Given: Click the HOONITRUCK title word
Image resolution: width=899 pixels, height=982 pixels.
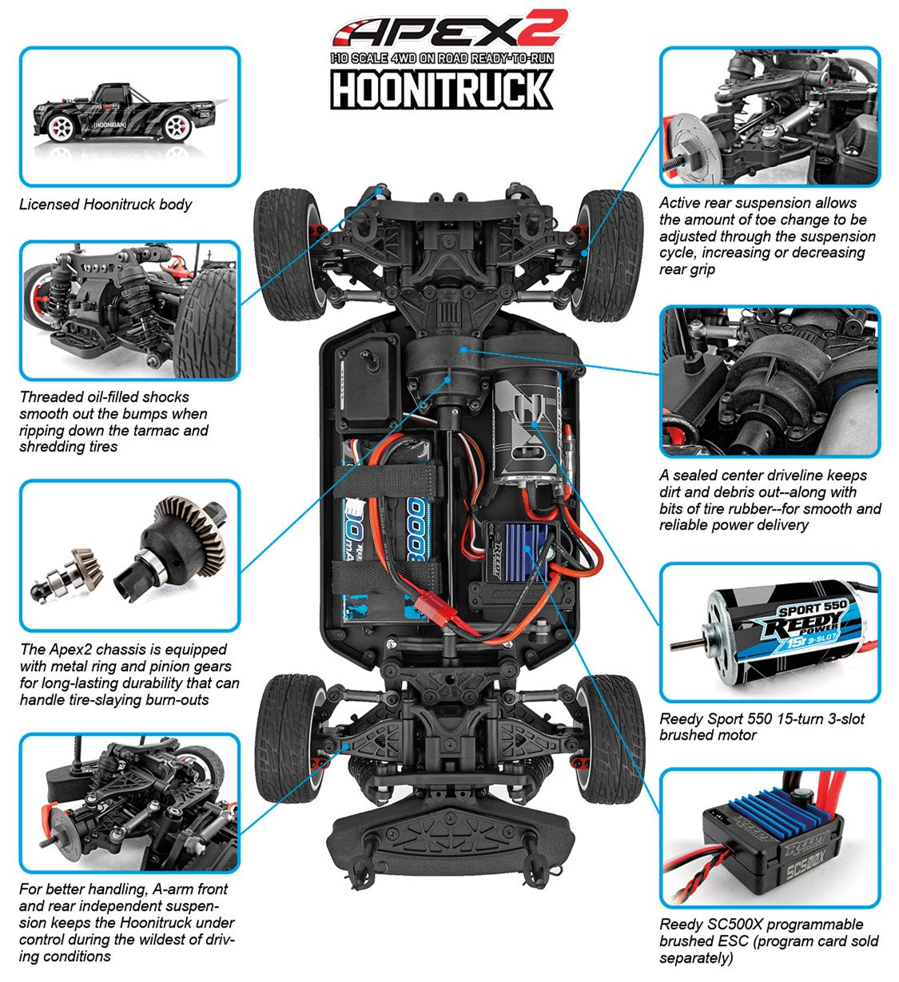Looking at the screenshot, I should tap(442, 89).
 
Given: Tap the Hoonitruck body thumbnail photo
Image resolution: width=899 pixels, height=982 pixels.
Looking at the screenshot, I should tap(129, 116).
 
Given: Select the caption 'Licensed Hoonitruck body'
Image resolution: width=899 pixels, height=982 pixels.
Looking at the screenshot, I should tap(105, 205).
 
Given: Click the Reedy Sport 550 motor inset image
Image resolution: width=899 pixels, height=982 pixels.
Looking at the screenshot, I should tap(769, 633).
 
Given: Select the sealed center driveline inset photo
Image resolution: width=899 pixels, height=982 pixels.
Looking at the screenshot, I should tap(769, 381).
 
